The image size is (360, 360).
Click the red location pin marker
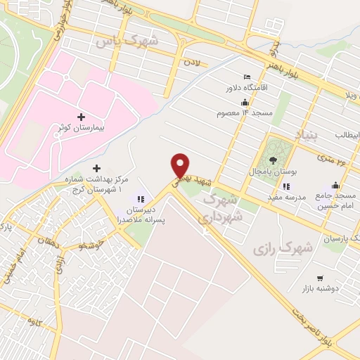click(x=181, y=165)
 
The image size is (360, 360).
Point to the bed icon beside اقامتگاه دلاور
click(x=245, y=77)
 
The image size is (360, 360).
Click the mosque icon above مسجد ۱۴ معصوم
click(x=244, y=102)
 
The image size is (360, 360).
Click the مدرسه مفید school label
click(x=284, y=198)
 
